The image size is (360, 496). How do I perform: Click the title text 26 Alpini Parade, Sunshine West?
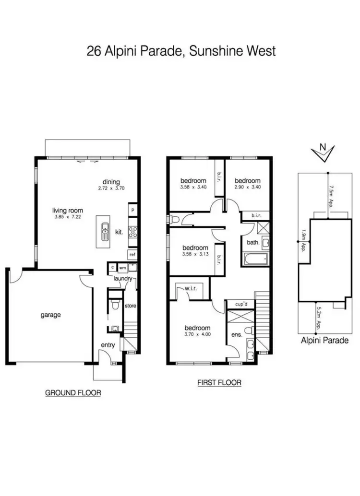pos(181,51)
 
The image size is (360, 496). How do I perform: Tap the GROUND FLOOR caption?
pos(73,392)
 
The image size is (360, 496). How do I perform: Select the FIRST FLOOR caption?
pos(219,383)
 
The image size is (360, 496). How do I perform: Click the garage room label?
pos(50,315)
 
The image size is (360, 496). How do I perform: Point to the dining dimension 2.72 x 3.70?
pos(110,189)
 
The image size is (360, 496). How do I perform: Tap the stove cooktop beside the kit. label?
pos(132,233)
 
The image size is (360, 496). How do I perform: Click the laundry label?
pos(123,278)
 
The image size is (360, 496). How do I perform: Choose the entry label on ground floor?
pos(108,345)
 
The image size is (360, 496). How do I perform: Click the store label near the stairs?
pos(130,305)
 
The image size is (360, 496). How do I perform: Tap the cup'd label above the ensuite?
pos(241,304)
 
